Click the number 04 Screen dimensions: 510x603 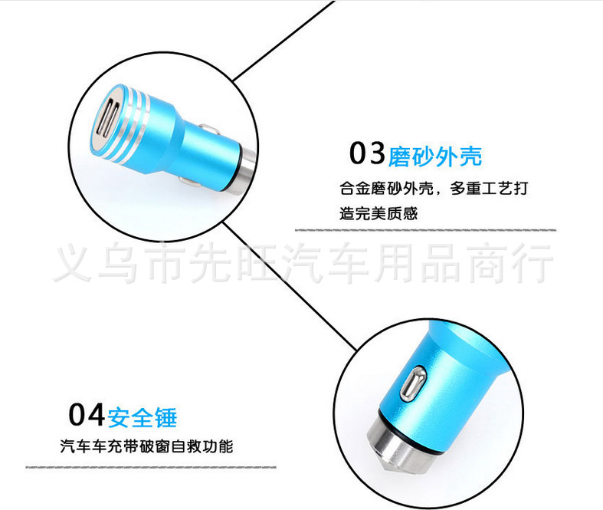point(86,415)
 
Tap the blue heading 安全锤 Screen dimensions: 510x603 point(143,417)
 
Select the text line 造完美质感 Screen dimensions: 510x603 point(379,213)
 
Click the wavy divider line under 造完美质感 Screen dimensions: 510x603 point(425,229)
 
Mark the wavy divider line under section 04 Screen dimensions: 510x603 point(151,466)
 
